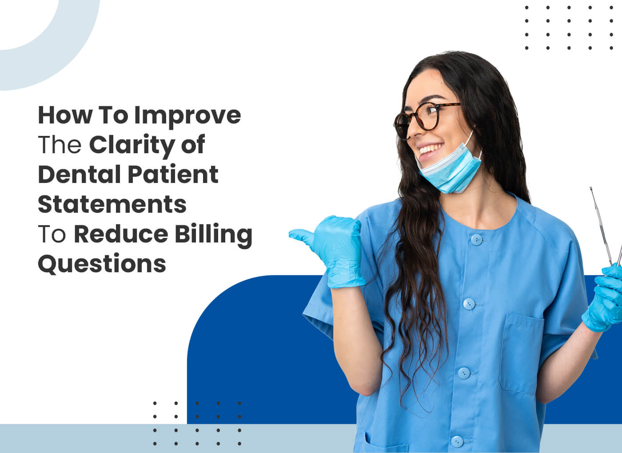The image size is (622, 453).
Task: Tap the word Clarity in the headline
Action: coord(132,145)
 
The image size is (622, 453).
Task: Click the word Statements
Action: coord(112,204)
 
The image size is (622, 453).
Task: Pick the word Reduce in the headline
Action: coord(121,234)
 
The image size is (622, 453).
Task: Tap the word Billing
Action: coord(213,234)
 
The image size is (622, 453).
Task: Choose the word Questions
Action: coord(102,264)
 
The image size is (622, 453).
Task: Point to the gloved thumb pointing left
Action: coord(304,234)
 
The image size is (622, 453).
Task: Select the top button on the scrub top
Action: coord(476,240)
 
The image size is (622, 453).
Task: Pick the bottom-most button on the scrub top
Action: coord(457,441)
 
